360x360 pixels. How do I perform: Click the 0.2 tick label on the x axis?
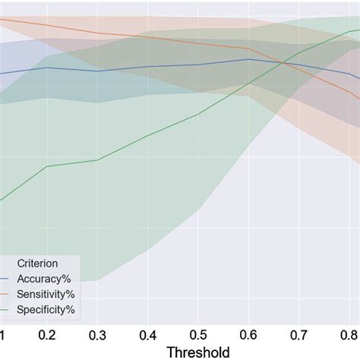(x=47, y=335)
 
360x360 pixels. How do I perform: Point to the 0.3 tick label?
(x=98, y=335)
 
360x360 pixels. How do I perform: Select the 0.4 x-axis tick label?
(x=148, y=335)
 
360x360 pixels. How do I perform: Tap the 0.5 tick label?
(x=199, y=335)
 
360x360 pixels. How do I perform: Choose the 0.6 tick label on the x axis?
(x=249, y=335)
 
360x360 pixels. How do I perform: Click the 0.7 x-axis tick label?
(x=300, y=335)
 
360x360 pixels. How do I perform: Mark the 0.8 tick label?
(x=349, y=335)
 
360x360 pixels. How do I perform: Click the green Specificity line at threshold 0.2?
(x=47, y=166)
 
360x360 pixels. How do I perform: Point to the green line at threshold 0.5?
(x=199, y=114)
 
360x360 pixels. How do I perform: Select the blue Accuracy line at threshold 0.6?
(x=249, y=58)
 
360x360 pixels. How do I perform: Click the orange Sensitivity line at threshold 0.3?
(x=98, y=33)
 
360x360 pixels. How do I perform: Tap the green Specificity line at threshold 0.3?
(x=98, y=159)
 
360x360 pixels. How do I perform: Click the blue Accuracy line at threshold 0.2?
(x=47, y=67)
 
